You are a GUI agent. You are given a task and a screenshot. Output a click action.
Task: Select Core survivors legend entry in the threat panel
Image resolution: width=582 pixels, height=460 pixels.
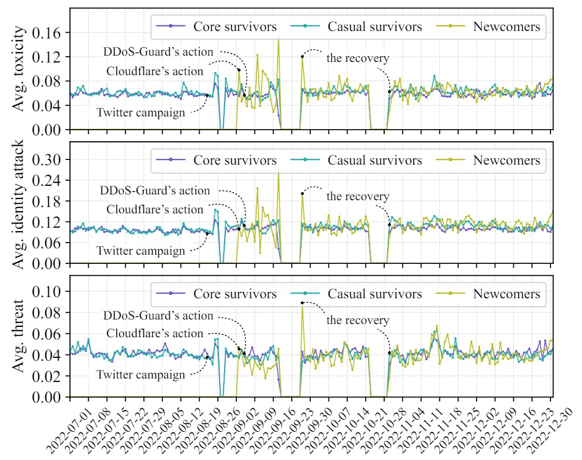coord(235,294)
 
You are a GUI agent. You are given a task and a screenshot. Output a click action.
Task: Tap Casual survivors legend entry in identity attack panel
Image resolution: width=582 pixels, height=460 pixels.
coord(374,160)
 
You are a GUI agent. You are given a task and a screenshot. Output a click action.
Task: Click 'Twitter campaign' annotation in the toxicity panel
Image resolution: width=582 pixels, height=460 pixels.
coord(140,112)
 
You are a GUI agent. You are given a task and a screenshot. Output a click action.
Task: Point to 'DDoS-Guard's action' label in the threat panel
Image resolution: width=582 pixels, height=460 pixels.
coord(158,316)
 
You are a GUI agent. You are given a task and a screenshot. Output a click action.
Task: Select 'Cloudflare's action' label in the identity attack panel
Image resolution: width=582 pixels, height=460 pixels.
coord(155,210)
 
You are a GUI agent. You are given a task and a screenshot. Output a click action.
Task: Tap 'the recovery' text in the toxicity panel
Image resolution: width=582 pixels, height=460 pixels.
coord(358,58)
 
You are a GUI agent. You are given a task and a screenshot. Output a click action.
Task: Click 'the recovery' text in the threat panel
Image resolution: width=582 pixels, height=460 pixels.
coord(358,320)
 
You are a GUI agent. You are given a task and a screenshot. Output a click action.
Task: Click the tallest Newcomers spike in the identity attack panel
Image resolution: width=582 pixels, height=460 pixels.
coord(279,171)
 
